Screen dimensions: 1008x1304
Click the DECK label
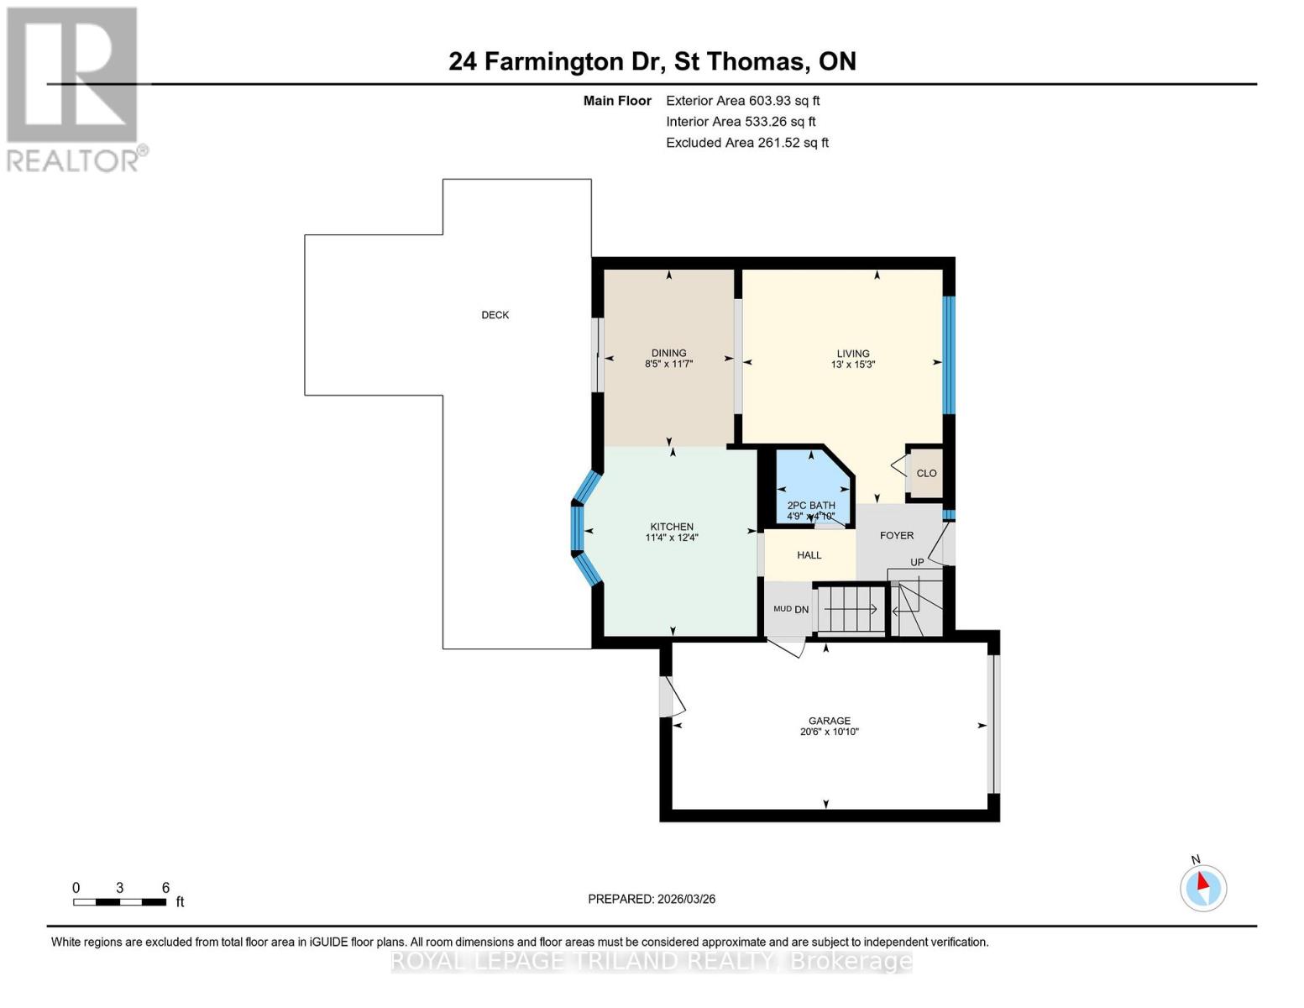495,315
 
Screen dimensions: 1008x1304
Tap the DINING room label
668,353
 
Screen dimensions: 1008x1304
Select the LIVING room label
852,354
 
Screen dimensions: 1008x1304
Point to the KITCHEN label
671,527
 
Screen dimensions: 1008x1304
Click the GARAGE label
829,721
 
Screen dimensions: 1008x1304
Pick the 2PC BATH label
810,506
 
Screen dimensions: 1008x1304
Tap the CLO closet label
926,473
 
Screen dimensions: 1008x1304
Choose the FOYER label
896,535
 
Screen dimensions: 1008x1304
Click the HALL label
809,555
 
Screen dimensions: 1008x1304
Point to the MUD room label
782,609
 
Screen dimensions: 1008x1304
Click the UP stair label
917,563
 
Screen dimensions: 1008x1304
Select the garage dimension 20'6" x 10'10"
829,732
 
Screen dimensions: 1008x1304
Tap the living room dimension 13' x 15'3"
852,365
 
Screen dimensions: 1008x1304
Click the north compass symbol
1203,887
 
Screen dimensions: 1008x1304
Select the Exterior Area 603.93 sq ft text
742,101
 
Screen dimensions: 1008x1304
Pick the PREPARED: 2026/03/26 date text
652,899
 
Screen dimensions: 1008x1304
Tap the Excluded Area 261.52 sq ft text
746,143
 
